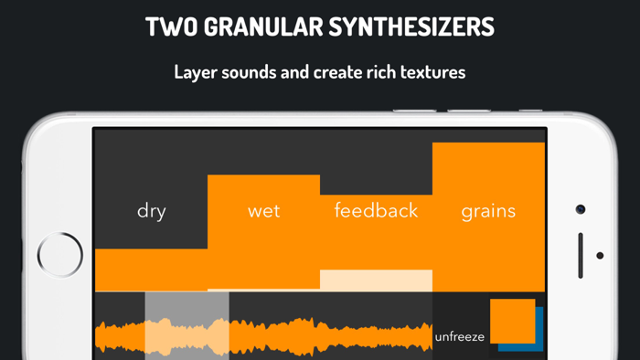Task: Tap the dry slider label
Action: click(151, 211)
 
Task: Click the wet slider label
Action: click(263, 211)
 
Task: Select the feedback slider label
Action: click(376, 211)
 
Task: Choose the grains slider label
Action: click(488, 211)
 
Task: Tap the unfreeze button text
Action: click(461, 336)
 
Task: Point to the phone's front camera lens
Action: click(581, 209)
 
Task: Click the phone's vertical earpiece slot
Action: click(581, 255)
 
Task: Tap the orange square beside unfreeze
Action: click(512, 321)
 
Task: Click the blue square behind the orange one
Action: click(539, 344)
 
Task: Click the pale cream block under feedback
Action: click(376, 280)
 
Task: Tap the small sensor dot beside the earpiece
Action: click(600, 256)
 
